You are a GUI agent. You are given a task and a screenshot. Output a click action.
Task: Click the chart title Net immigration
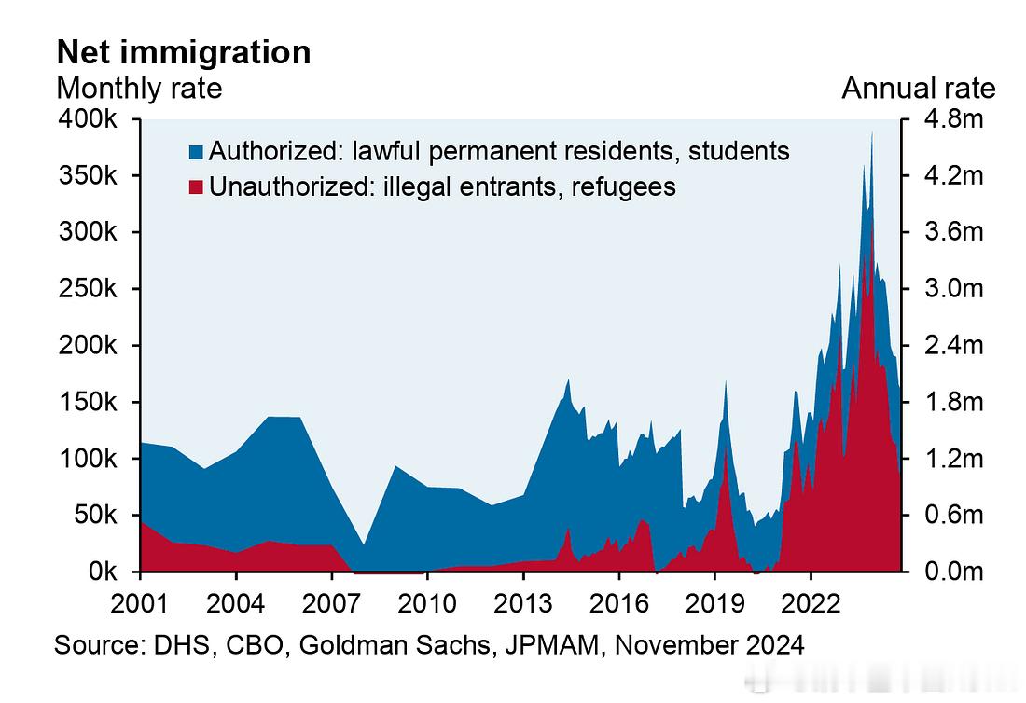tap(184, 52)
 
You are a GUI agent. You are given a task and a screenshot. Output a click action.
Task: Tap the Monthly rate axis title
tap(139, 89)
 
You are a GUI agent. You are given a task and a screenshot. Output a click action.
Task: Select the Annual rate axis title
tap(919, 89)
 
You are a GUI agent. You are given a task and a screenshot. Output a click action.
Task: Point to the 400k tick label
tap(88, 119)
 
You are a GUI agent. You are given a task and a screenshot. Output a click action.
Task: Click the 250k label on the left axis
tap(88, 288)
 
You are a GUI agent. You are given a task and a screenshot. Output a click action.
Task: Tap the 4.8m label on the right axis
tap(954, 119)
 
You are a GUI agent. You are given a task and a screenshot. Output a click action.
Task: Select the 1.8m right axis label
tap(954, 402)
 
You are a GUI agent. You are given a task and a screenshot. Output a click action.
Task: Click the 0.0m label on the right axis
tap(954, 571)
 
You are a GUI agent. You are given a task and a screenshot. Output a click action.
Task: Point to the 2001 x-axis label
tap(140, 603)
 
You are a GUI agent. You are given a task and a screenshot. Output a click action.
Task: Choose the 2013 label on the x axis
tap(523, 603)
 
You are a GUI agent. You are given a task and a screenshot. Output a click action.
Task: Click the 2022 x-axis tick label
tap(810, 603)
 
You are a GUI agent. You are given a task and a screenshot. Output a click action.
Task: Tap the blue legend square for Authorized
tap(196, 152)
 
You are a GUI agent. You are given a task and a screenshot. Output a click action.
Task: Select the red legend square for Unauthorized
tap(196, 187)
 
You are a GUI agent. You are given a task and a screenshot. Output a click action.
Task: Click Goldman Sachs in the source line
tap(395, 645)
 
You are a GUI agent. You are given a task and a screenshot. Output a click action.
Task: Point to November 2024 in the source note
tap(710, 645)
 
